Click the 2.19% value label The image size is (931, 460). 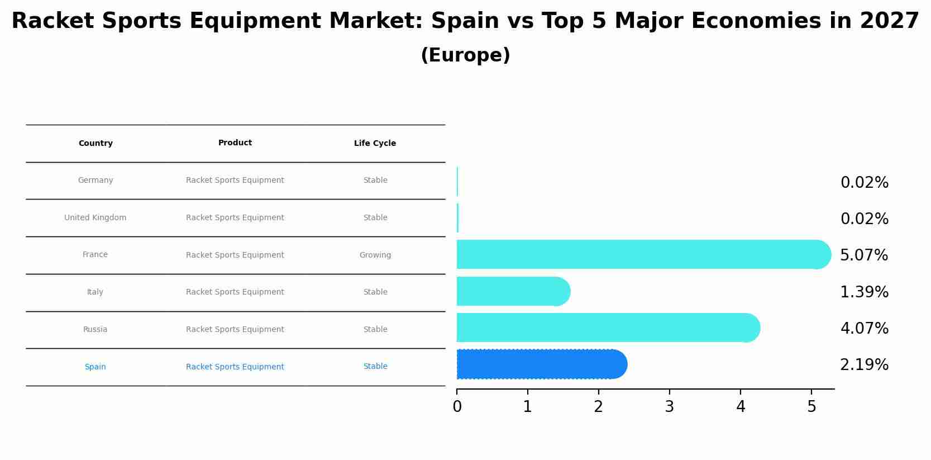click(x=864, y=365)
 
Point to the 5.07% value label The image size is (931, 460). click(x=864, y=255)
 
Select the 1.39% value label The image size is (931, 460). click(x=864, y=292)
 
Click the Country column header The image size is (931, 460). click(x=96, y=144)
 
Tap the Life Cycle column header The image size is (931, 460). click(x=375, y=144)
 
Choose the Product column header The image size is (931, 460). click(x=235, y=143)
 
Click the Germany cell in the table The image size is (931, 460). click(x=96, y=181)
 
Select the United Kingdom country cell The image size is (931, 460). click(x=96, y=218)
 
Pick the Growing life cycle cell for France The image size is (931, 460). click(x=375, y=255)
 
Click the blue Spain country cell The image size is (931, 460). click(x=96, y=367)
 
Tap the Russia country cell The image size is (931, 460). click(x=96, y=330)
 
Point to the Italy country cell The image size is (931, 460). click(x=96, y=292)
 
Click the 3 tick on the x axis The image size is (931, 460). click(x=670, y=407)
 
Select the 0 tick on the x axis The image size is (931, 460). click(x=457, y=407)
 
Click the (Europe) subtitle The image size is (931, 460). click(x=465, y=55)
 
